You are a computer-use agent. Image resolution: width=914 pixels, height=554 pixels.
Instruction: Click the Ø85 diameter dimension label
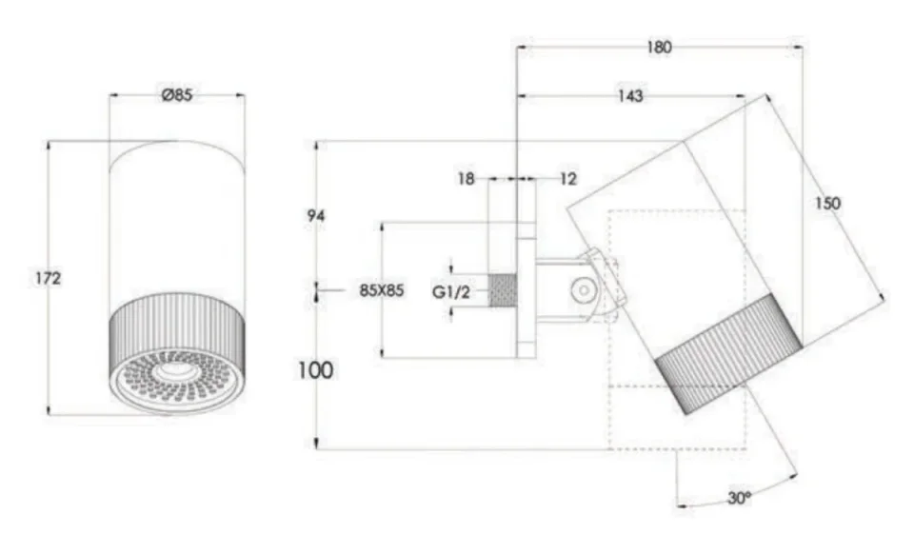click(x=177, y=95)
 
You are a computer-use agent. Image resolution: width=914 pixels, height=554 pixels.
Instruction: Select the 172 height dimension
click(x=48, y=278)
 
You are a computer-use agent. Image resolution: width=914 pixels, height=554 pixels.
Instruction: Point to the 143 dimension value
click(x=629, y=96)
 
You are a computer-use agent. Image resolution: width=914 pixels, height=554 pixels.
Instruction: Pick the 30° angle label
click(x=740, y=496)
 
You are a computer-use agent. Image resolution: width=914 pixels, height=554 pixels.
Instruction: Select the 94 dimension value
click(x=316, y=216)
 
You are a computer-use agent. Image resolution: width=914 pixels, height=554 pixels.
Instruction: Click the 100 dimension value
click(x=316, y=369)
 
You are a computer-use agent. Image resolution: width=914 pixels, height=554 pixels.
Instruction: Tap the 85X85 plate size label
click(x=382, y=291)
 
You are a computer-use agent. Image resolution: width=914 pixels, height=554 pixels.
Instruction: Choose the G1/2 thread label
click(x=452, y=292)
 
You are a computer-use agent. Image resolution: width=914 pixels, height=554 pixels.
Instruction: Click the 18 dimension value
click(x=466, y=178)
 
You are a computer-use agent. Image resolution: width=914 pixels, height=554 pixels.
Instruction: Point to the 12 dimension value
click(x=568, y=178)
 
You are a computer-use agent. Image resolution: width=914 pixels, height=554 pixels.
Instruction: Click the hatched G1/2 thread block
click(x=502, y=291)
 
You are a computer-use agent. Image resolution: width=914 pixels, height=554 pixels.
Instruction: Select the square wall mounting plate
click(x=526, y=291)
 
